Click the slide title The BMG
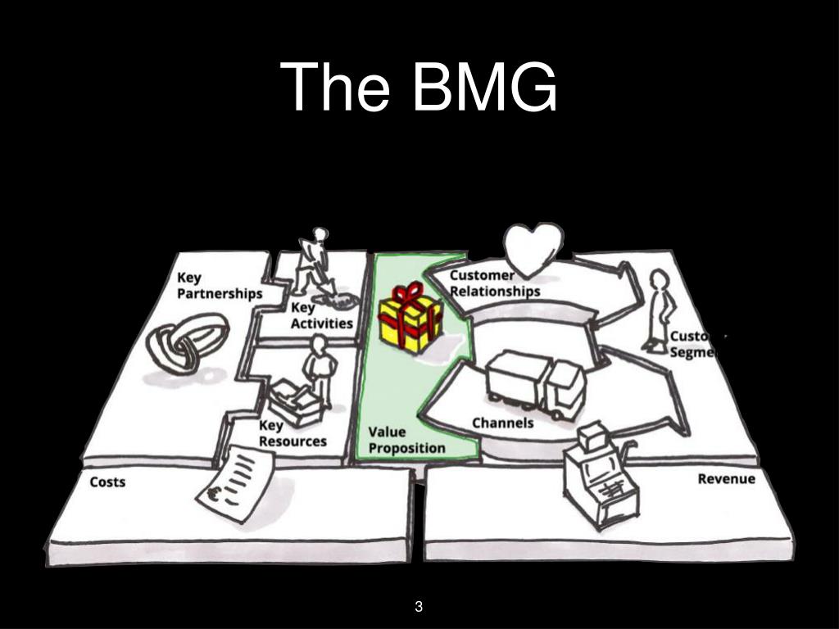pos(419,88)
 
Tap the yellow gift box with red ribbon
pos(410,318)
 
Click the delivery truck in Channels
pos(536,382)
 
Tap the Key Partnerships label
pos(220,286)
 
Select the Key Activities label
pos(321,315)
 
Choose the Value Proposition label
pos(406,440)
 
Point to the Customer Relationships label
pos(494,283)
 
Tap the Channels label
pos(502,423)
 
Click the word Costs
pos(107,482)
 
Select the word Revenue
pos(726,478)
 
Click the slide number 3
pos(419,607)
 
